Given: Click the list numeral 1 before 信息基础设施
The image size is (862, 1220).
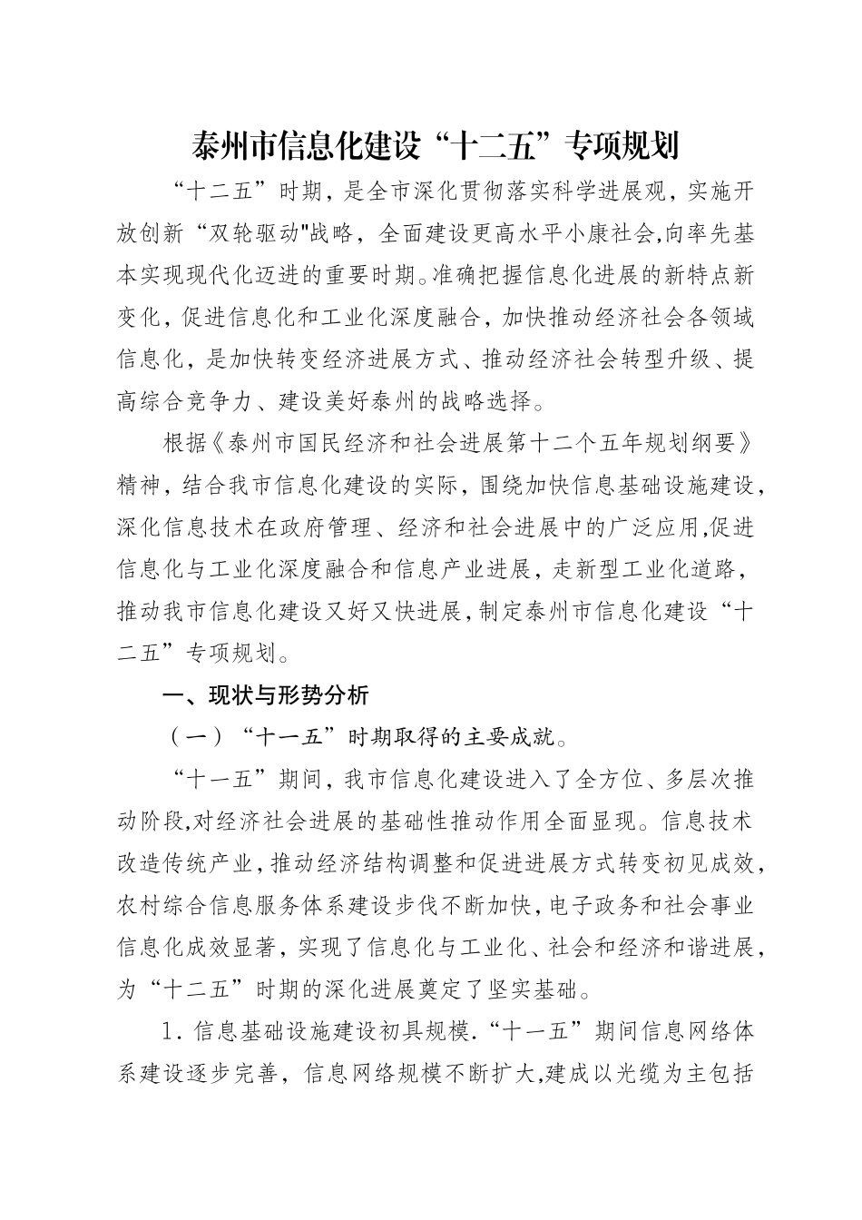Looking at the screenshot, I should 166,1033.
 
